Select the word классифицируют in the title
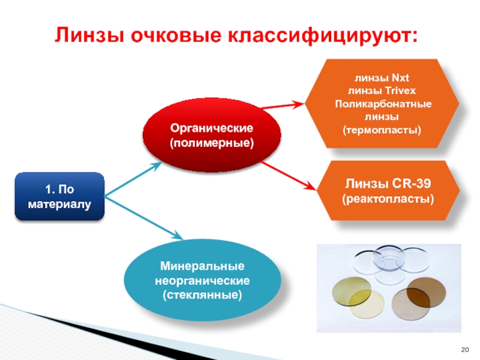coord(320,35)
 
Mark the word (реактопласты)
coord(388,198)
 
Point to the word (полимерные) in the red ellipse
coord(212,144)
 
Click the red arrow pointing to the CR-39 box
coord(288,176)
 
